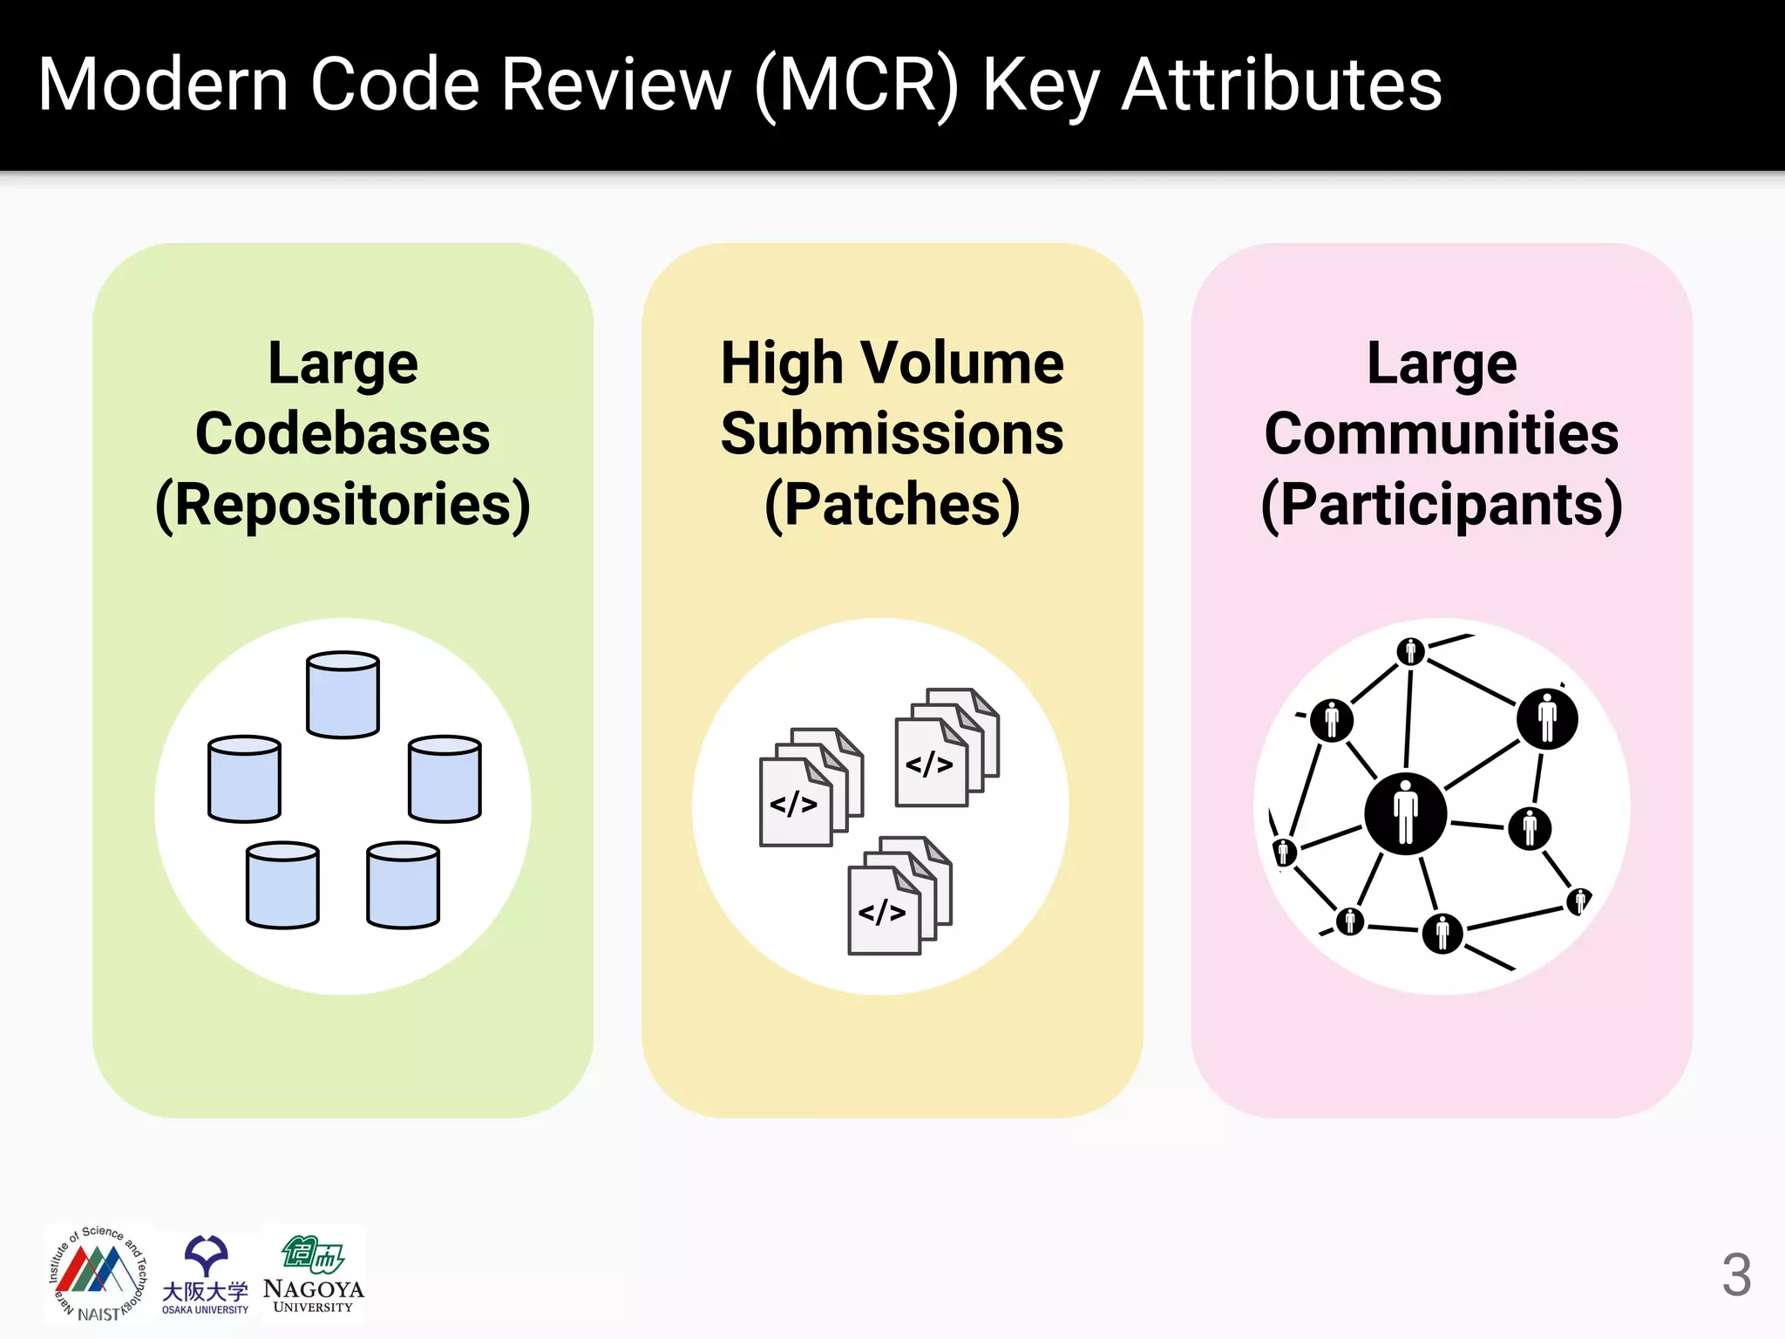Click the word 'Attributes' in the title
pyautogui.click(x=1281, y=85)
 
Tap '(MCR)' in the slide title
pyautogui.click(x=858, y=85)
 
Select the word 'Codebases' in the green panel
pyautogui.click(x=343, y=434)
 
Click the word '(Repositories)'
pyautogui.click(x=343, y=506)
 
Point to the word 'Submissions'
pyautogui.click(x=892, y=434)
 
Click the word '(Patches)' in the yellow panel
pyautogui.click(x=892, y=506)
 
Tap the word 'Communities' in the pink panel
pyautogui.click(x=1441, y=434)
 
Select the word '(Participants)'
pyautogui.click(x=1441, y=506)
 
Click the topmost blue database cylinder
pyautogui.click(x=343, y=695)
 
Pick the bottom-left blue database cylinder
pyautogui.click(x=282, y=885)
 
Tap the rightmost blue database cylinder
pyautogui.click(x=445, y=779)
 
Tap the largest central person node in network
pyautogui.click(x=1405, y=813)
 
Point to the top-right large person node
pyautogui.click(x=1546, y=719)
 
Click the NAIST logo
pyautogui.click(x=98, y=1274)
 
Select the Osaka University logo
pyautogui.click(x=206, y=1274)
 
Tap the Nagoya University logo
pyautogui.click(x=313, y=1274)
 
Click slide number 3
pyautogui.click(x=1735, y=1275)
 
